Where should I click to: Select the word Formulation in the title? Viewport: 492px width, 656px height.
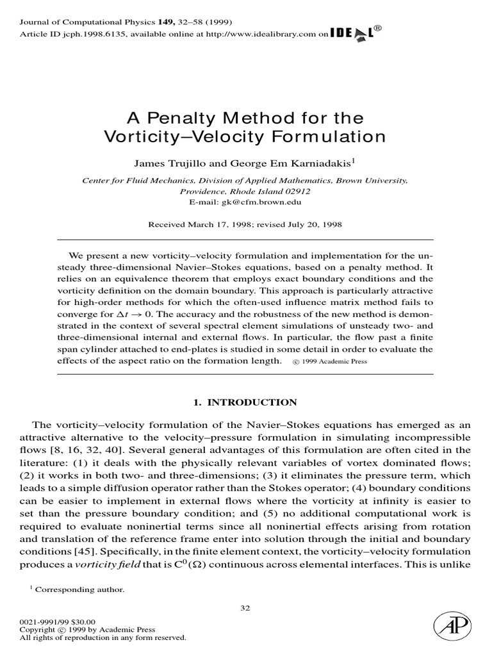pos(334,136)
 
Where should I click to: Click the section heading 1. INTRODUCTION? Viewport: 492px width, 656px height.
pos(245,402)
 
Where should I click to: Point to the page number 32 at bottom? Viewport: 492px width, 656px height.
pos(245,609)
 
